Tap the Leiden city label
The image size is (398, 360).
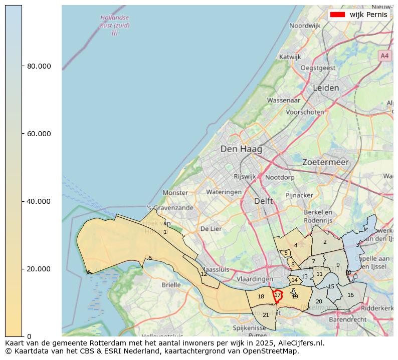coord(326,88)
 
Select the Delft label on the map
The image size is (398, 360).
coord(264,201)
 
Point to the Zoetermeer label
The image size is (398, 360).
coord(325,163)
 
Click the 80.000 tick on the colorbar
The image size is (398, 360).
coord(38,66)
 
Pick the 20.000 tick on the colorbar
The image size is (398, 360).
coord(38,269)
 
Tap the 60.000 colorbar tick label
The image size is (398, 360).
coord(38,134)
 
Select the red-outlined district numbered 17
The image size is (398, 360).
coord(278,295)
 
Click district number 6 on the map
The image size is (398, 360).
coord(149,258)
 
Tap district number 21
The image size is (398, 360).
coord(266,315)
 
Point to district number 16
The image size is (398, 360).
coord(350,295)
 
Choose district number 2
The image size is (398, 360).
coord(325,242)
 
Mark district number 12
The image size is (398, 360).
coord(204,274)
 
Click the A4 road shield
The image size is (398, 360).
coord(384,56)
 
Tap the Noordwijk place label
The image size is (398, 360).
coord(305,26)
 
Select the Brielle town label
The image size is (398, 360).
coord(171,285)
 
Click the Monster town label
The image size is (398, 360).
coord(175,193)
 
